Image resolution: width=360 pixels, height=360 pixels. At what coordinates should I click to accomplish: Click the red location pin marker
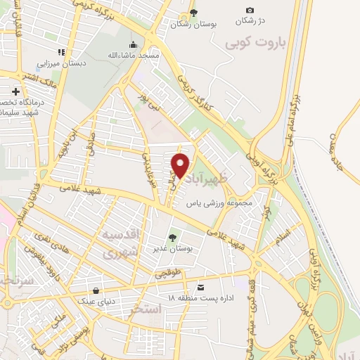pyautogui.click(x=180, y=165)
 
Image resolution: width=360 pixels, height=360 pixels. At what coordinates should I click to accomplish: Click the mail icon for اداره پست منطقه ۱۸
pyautogui.click(x=201, y=287)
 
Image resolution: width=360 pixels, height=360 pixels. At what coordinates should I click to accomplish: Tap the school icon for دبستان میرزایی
pyautogui.click(x=62, y=52)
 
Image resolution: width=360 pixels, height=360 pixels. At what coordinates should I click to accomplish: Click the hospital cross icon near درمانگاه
pyautogui.click(x=15, y=91)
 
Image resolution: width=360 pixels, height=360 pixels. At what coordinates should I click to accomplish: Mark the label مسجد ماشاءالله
pyautogui.click(x=158, y=54)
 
